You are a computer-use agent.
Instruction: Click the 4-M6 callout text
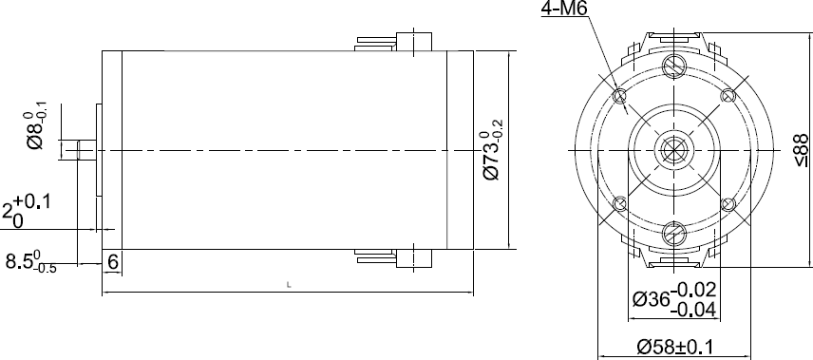tap(564, 10)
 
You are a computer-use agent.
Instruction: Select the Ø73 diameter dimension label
tap(491, 150)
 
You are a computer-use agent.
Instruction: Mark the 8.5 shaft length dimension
tap(31, 262)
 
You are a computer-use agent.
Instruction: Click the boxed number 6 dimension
tap(113, 261)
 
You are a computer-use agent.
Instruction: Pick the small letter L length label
tap(288, 285)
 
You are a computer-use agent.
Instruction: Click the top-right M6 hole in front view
tap(729, 96)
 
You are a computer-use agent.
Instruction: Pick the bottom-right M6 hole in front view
tap(729, 204)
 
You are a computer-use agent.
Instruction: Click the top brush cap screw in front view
tap(675, 66)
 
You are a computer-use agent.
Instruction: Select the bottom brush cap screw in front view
tap(675, 234)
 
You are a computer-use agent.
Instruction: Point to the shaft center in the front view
tap(675, 150)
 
